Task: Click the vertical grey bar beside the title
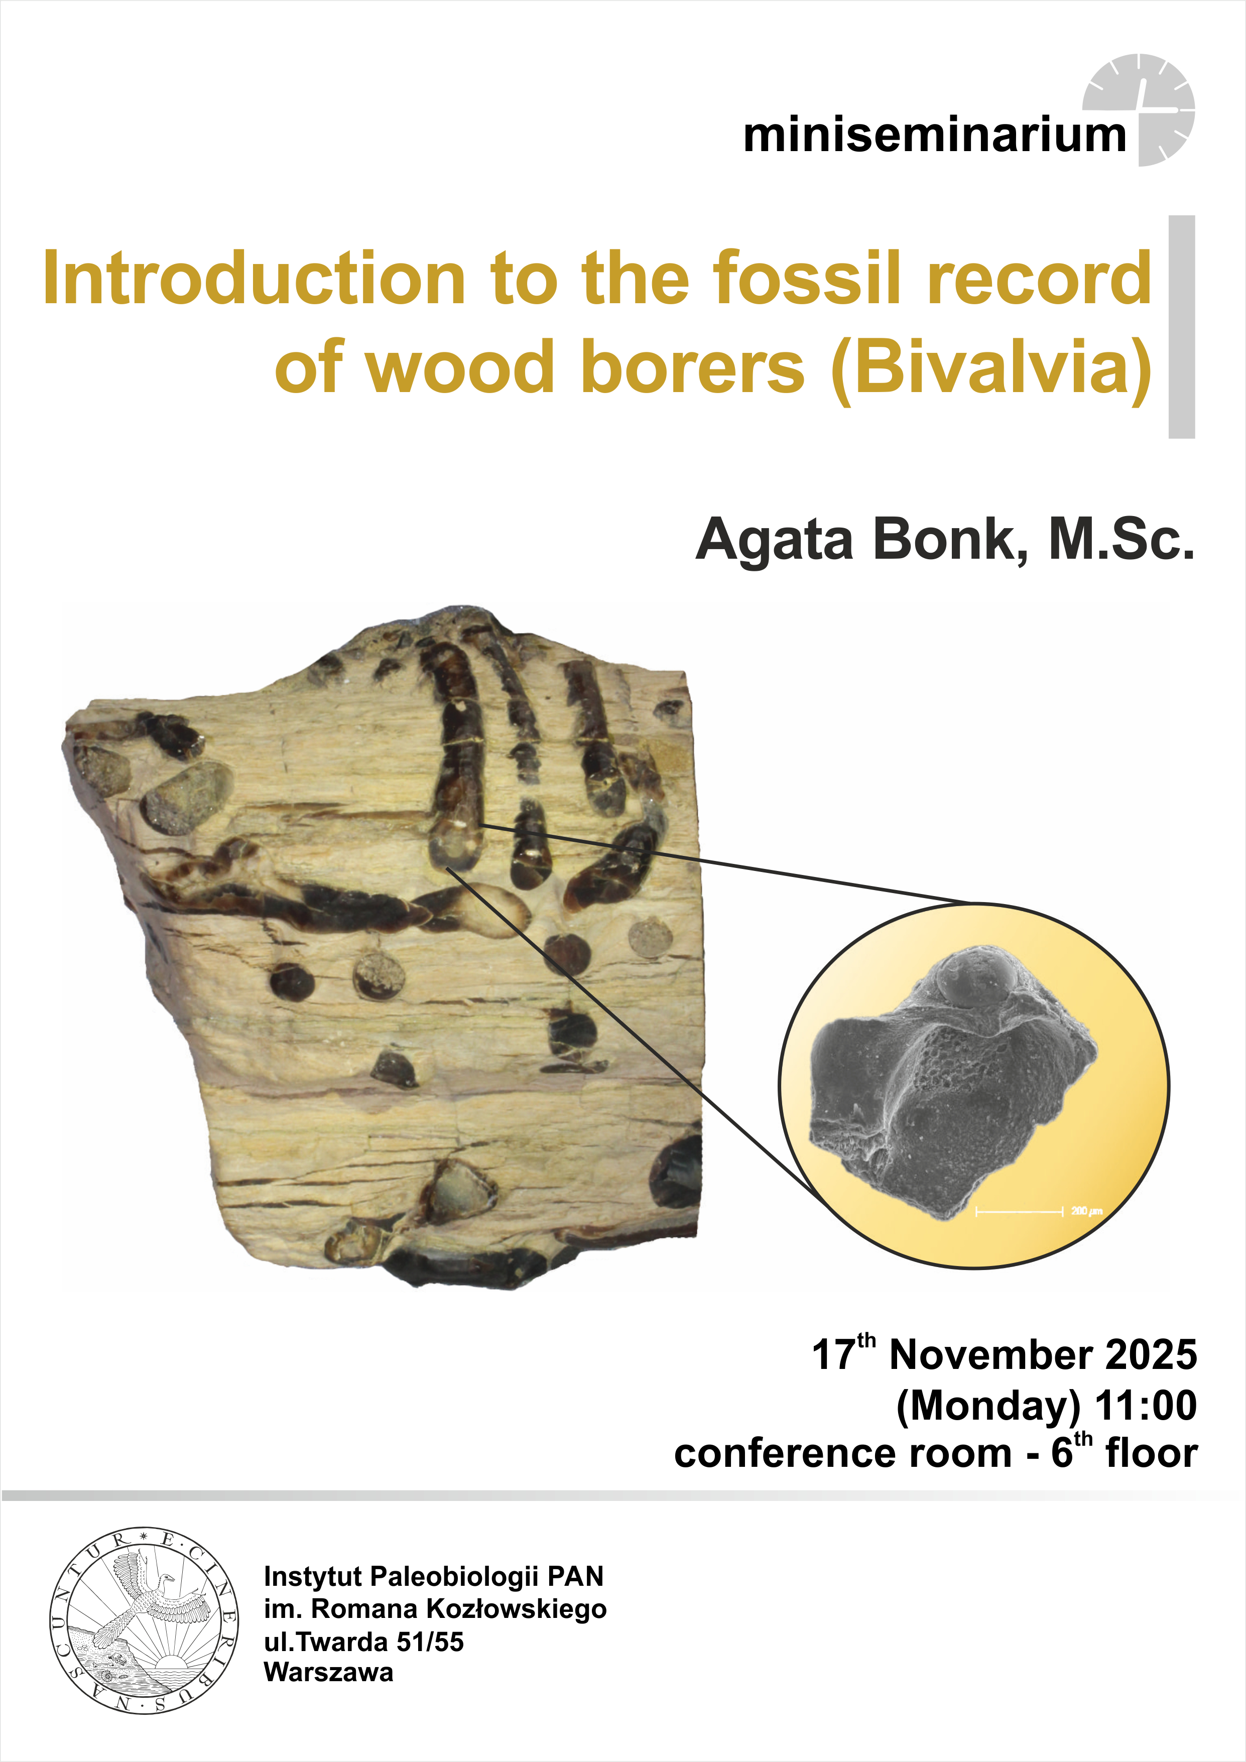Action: [1182, 327]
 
